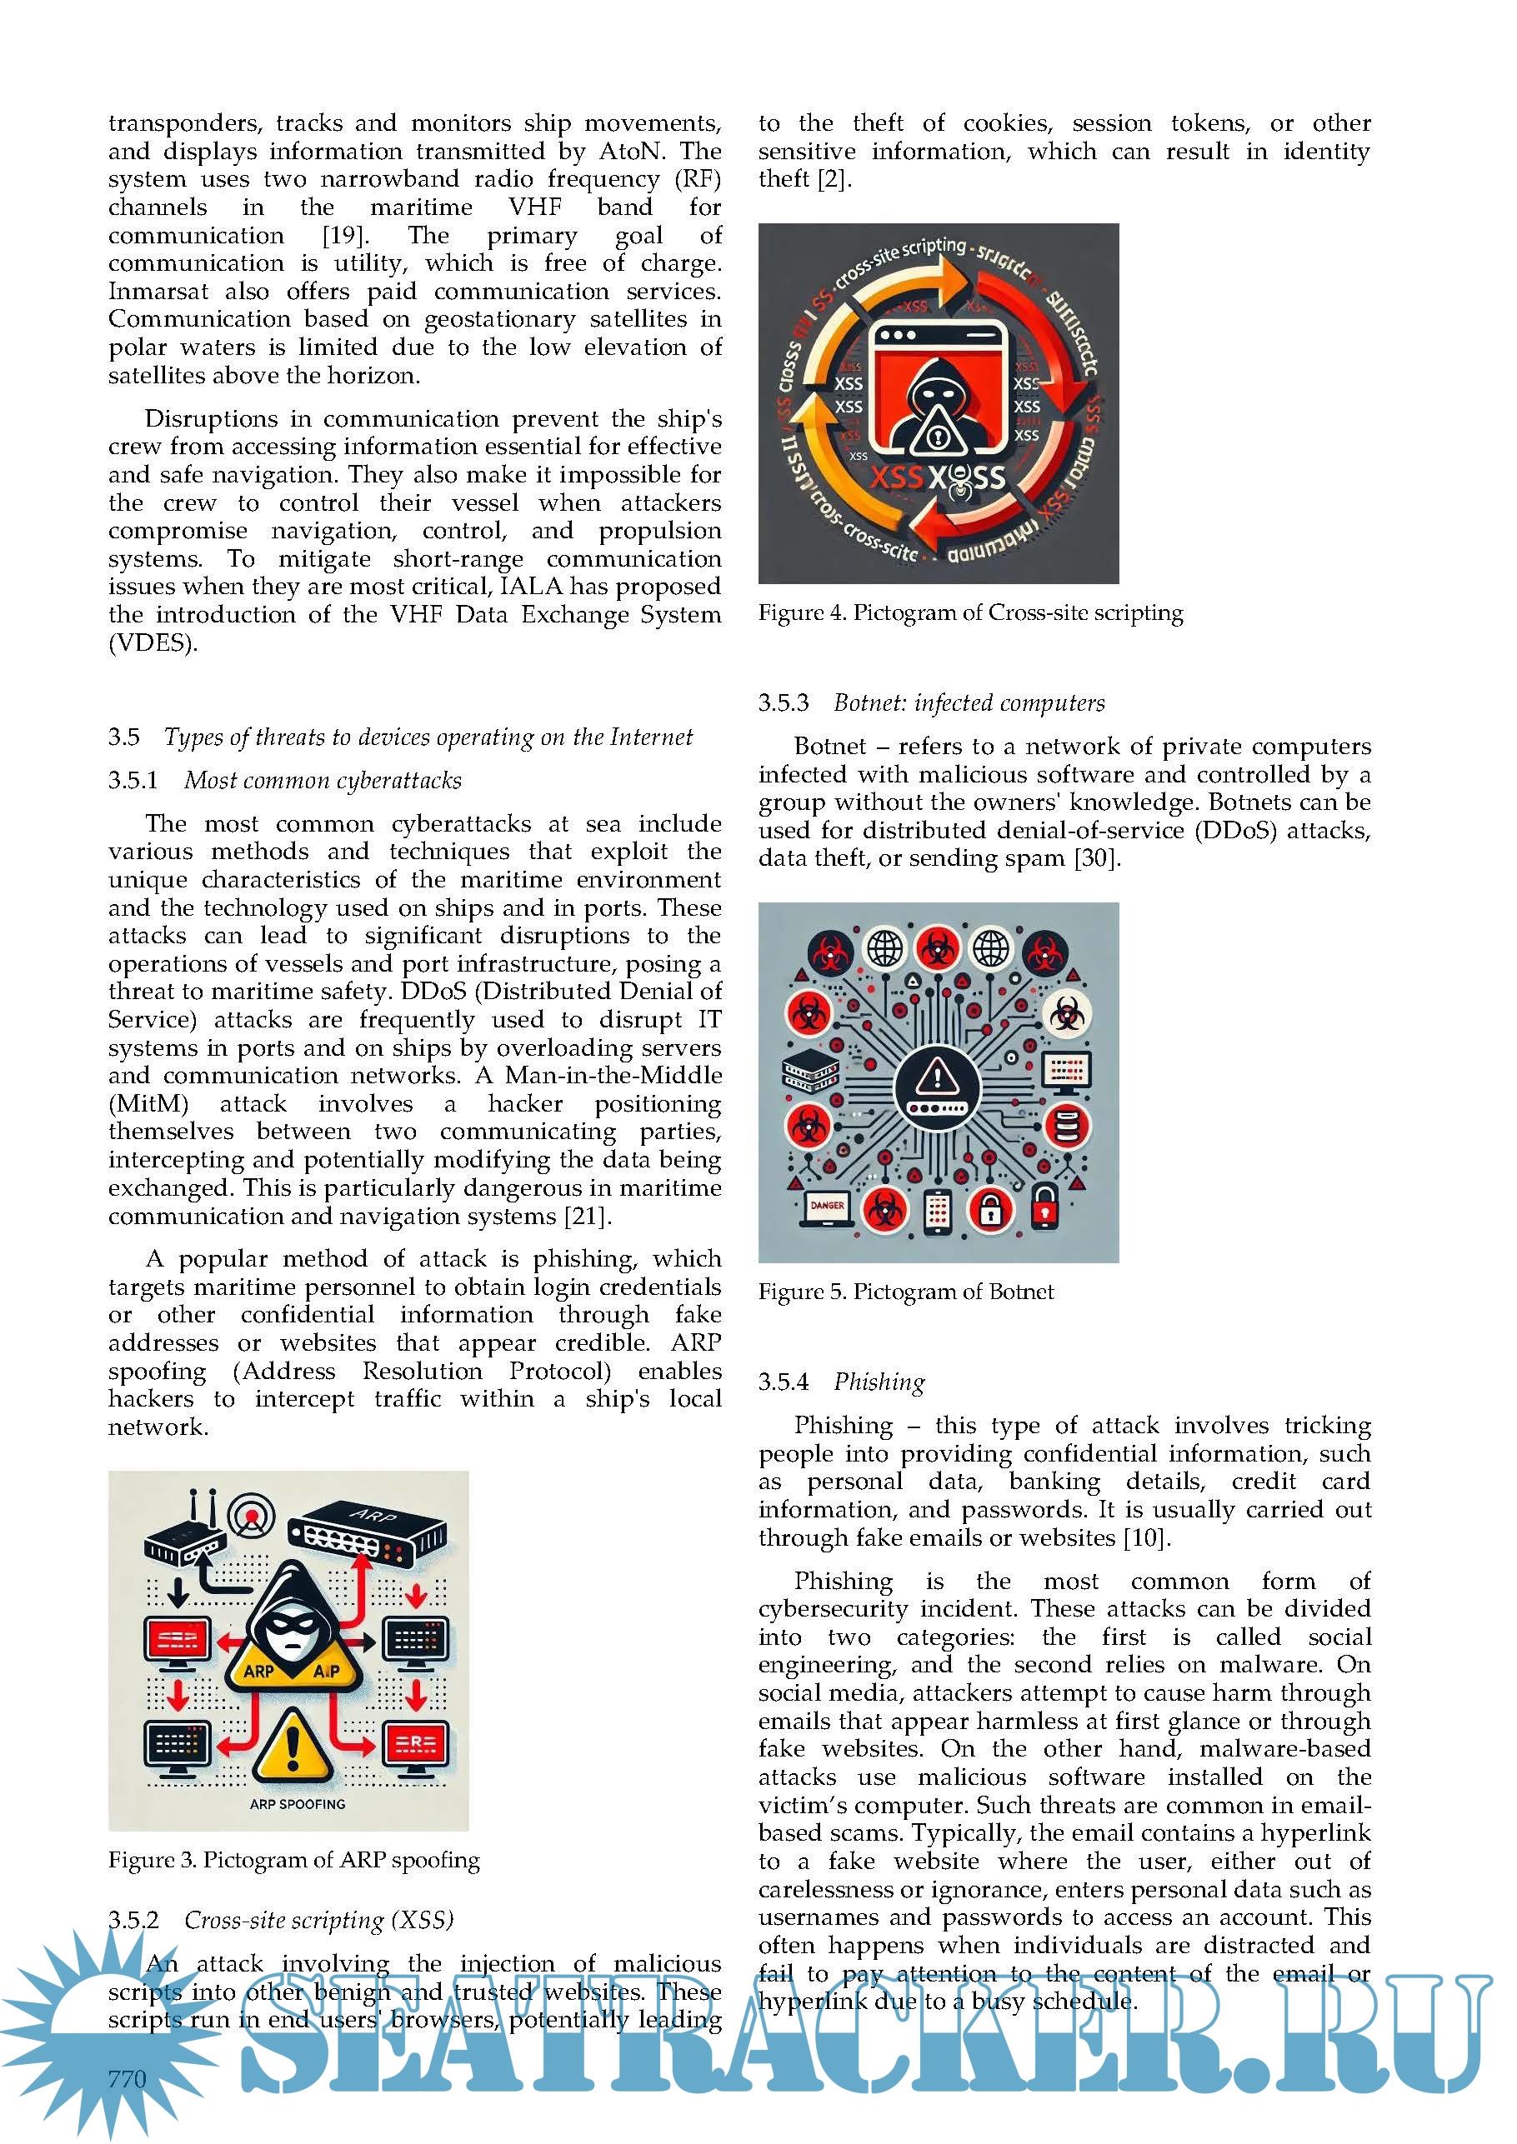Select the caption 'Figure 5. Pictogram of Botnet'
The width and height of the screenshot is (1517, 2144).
(905, 1292)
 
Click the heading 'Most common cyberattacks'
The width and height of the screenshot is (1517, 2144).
(323, 780)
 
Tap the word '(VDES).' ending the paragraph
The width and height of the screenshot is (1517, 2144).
(153, 643)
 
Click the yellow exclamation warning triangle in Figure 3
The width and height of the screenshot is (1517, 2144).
(293, 1742)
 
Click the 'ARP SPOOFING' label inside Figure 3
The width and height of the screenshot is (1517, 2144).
(297, 1804)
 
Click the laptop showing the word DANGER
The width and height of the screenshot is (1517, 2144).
(827, 1207)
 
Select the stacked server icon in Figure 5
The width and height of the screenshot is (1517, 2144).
(809, 1070)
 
